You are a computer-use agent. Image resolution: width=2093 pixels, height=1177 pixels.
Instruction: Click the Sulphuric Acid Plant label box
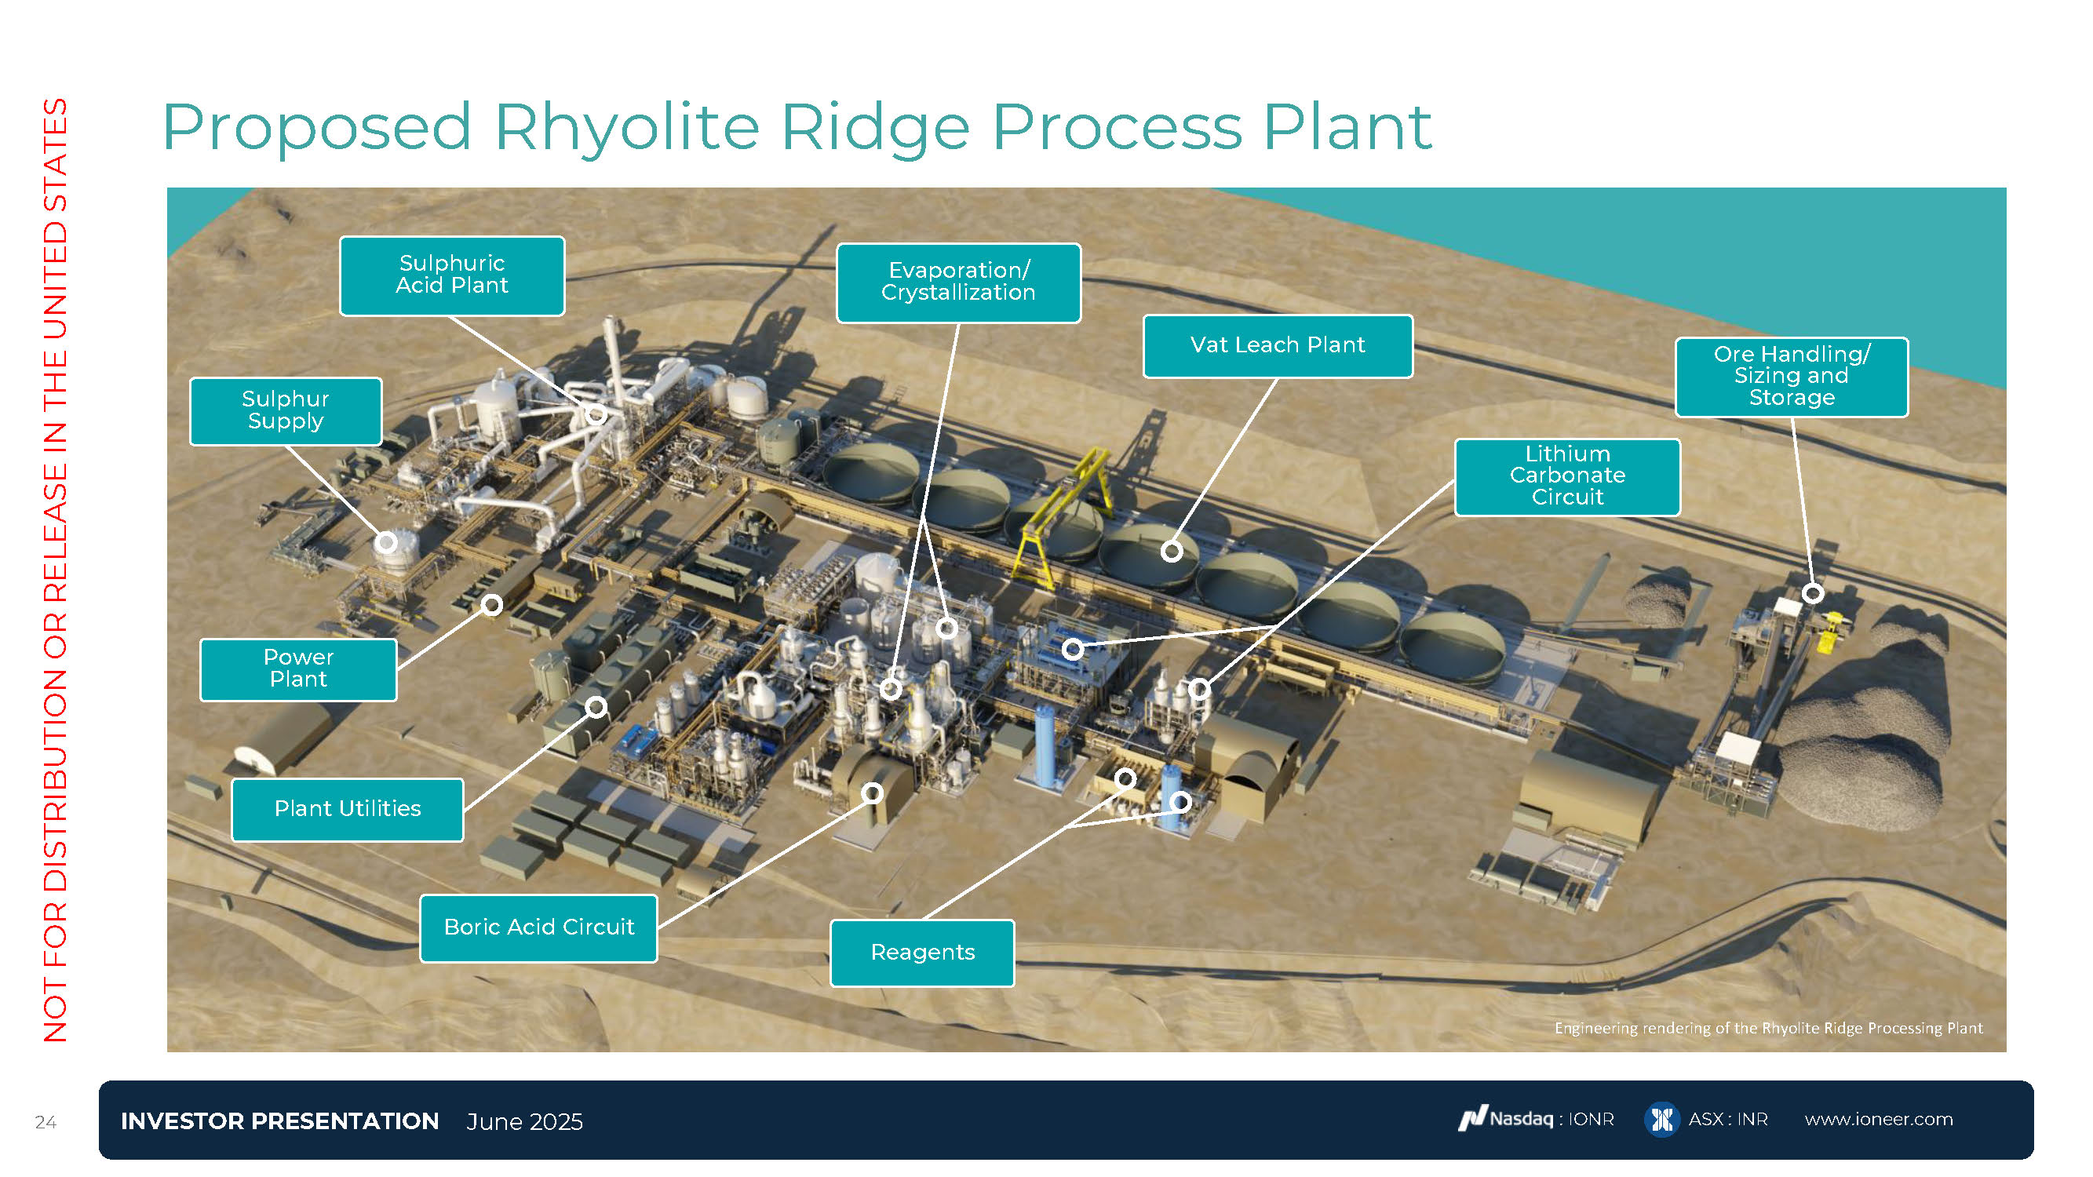point(452,275)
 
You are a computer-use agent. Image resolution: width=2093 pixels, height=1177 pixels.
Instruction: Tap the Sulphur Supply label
point(285,411)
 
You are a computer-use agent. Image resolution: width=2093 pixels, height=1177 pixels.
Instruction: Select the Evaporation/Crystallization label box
point(959,282)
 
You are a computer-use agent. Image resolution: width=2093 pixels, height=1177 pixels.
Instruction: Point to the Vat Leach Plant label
point(1278,346)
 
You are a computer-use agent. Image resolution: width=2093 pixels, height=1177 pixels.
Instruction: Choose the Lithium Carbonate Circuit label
point(1567,477)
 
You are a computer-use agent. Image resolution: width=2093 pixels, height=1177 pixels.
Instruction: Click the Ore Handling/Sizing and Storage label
point(1792,377)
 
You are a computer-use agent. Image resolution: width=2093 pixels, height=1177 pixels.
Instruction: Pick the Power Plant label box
point(298,669)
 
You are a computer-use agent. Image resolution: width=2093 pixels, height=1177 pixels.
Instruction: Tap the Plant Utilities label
point(348,809)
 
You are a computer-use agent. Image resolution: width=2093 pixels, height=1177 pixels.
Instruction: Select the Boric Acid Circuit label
point(538,927)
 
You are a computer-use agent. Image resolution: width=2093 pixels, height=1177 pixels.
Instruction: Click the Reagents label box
point(922,953)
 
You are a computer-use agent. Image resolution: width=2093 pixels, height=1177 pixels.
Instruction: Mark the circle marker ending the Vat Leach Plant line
point(1172,552)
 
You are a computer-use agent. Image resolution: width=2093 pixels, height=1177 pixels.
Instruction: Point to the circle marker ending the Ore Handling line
point(1813,594)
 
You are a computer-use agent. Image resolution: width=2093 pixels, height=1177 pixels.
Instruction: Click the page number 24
point(46,1123)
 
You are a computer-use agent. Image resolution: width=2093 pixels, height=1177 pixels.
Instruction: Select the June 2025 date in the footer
point(525,1122)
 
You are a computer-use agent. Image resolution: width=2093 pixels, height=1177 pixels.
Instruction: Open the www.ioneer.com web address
point(1879,1120)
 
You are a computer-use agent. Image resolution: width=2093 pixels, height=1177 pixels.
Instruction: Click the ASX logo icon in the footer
point(1661,1120)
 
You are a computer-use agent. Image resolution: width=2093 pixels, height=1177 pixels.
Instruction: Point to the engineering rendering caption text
point(1768,1029)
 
